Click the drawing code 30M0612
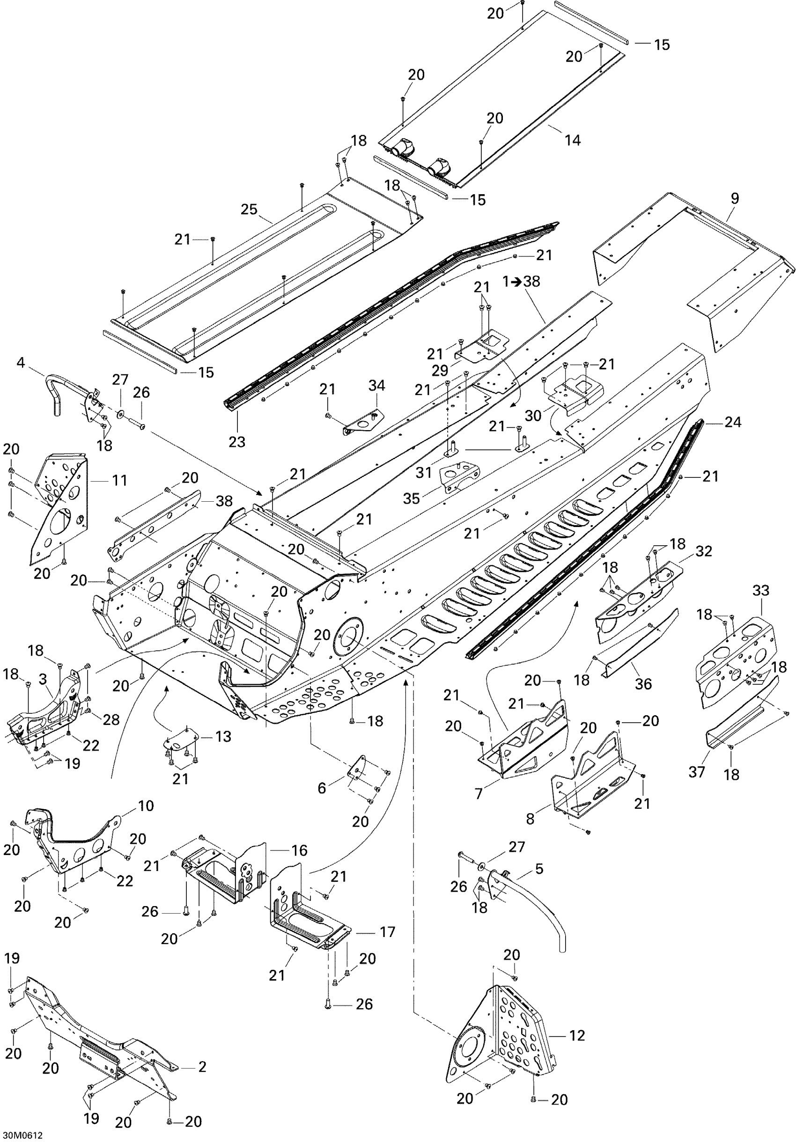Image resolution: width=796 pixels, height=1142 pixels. point(22,1135)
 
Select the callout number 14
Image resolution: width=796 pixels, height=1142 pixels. point(573,140)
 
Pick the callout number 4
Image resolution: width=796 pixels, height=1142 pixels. point(21,363)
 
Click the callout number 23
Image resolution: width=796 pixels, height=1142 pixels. point(237,441)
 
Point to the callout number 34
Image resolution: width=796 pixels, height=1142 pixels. point(376,385)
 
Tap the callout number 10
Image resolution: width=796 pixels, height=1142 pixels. point(146,805)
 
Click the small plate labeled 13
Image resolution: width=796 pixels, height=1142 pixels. point(180,739)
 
